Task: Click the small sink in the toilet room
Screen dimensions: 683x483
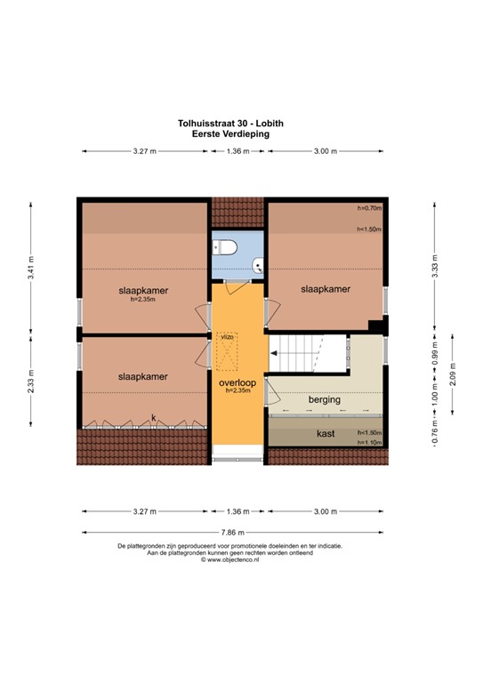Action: click(x=256, y=263)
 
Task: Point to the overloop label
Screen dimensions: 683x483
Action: click(x=237, y=382)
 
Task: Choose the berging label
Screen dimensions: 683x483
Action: click(x=325, y=400)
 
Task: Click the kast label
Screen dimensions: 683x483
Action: click(x=326, y=434)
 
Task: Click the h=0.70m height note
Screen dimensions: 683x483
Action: click(x=368, y=209)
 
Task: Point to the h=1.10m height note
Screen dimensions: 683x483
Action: click(x=368, y=442)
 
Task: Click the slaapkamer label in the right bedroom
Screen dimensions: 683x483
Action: click(x=325, y=289)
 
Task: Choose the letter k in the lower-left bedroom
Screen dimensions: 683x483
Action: click(x=153, y=417)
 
